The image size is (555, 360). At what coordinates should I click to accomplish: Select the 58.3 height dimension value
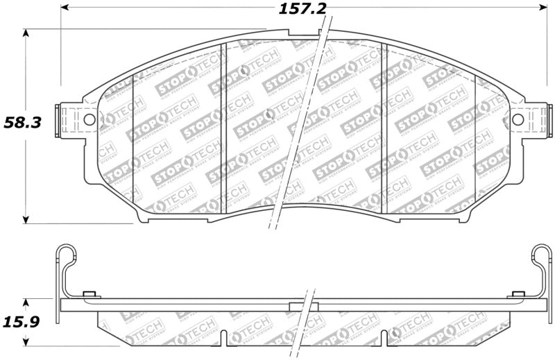(22, 123)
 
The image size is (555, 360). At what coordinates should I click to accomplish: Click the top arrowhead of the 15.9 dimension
(26, 303)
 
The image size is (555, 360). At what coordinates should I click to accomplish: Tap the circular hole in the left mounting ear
(89, 120)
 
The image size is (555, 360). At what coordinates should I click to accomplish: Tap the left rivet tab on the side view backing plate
(88, 295)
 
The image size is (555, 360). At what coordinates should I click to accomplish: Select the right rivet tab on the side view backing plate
(516, 295)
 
